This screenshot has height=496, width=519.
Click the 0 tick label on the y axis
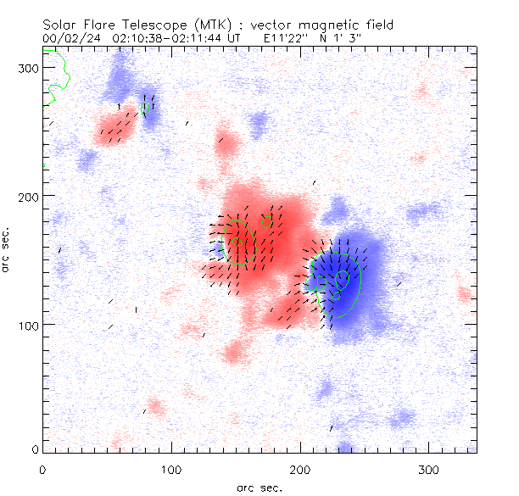tap(34, 449)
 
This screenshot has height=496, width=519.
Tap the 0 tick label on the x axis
tap(42, 469)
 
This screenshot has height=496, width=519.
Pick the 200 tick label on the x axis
tap(300, 469)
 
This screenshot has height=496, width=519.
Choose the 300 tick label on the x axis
tap(429, 469)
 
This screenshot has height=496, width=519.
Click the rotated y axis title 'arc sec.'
tap(7, 249)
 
